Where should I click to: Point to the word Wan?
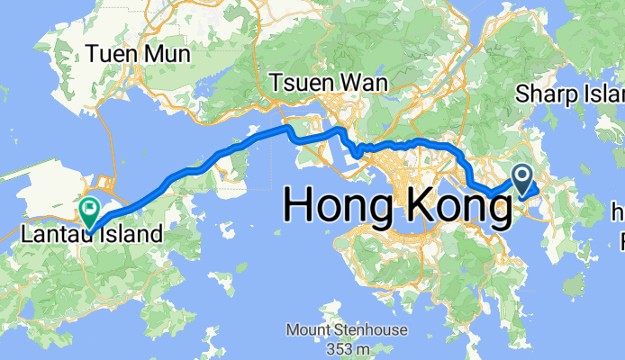(365, 83)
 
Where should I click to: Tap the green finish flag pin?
(90, 210)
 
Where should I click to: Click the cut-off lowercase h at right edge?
(618, 213)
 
